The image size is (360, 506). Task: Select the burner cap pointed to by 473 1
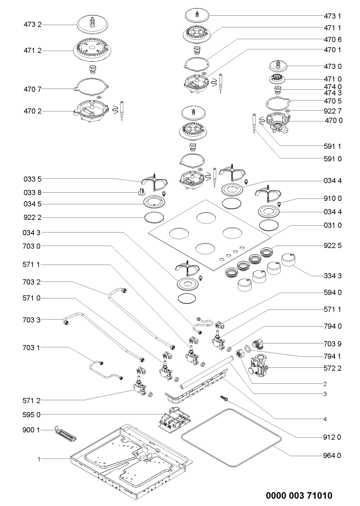197,15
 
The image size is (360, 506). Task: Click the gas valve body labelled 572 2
259,367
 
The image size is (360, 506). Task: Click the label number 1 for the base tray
39,459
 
